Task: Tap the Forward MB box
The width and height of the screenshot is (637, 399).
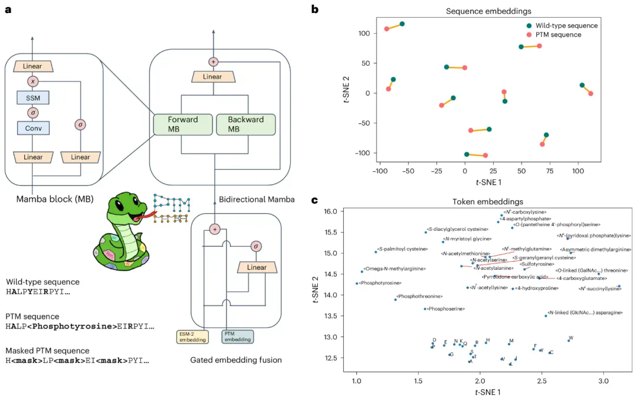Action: click(182, 124)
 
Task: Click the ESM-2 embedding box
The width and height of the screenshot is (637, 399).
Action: click(192, 336)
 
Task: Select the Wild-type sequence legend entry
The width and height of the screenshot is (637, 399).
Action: click(565, 25)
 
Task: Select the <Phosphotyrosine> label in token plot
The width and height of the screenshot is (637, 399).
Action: click(382, 283)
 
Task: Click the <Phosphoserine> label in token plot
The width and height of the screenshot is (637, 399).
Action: click(446, 309)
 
